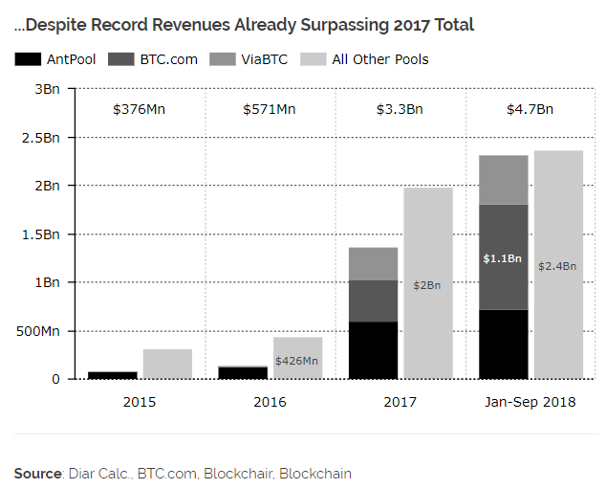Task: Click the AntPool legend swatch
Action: [x=28, y=59]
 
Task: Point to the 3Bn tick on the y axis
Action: [x=46, y=88]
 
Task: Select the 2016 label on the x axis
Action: [x=270, y=402]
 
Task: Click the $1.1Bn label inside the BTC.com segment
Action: [x=503, y=258]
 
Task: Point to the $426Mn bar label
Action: [x=298, y=361]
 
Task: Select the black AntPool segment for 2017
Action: [x=373, y=350]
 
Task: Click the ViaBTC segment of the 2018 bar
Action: [x=503, y=180]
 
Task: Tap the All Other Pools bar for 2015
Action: [x=167, y=364]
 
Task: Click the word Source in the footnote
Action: [x=37, y=473]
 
